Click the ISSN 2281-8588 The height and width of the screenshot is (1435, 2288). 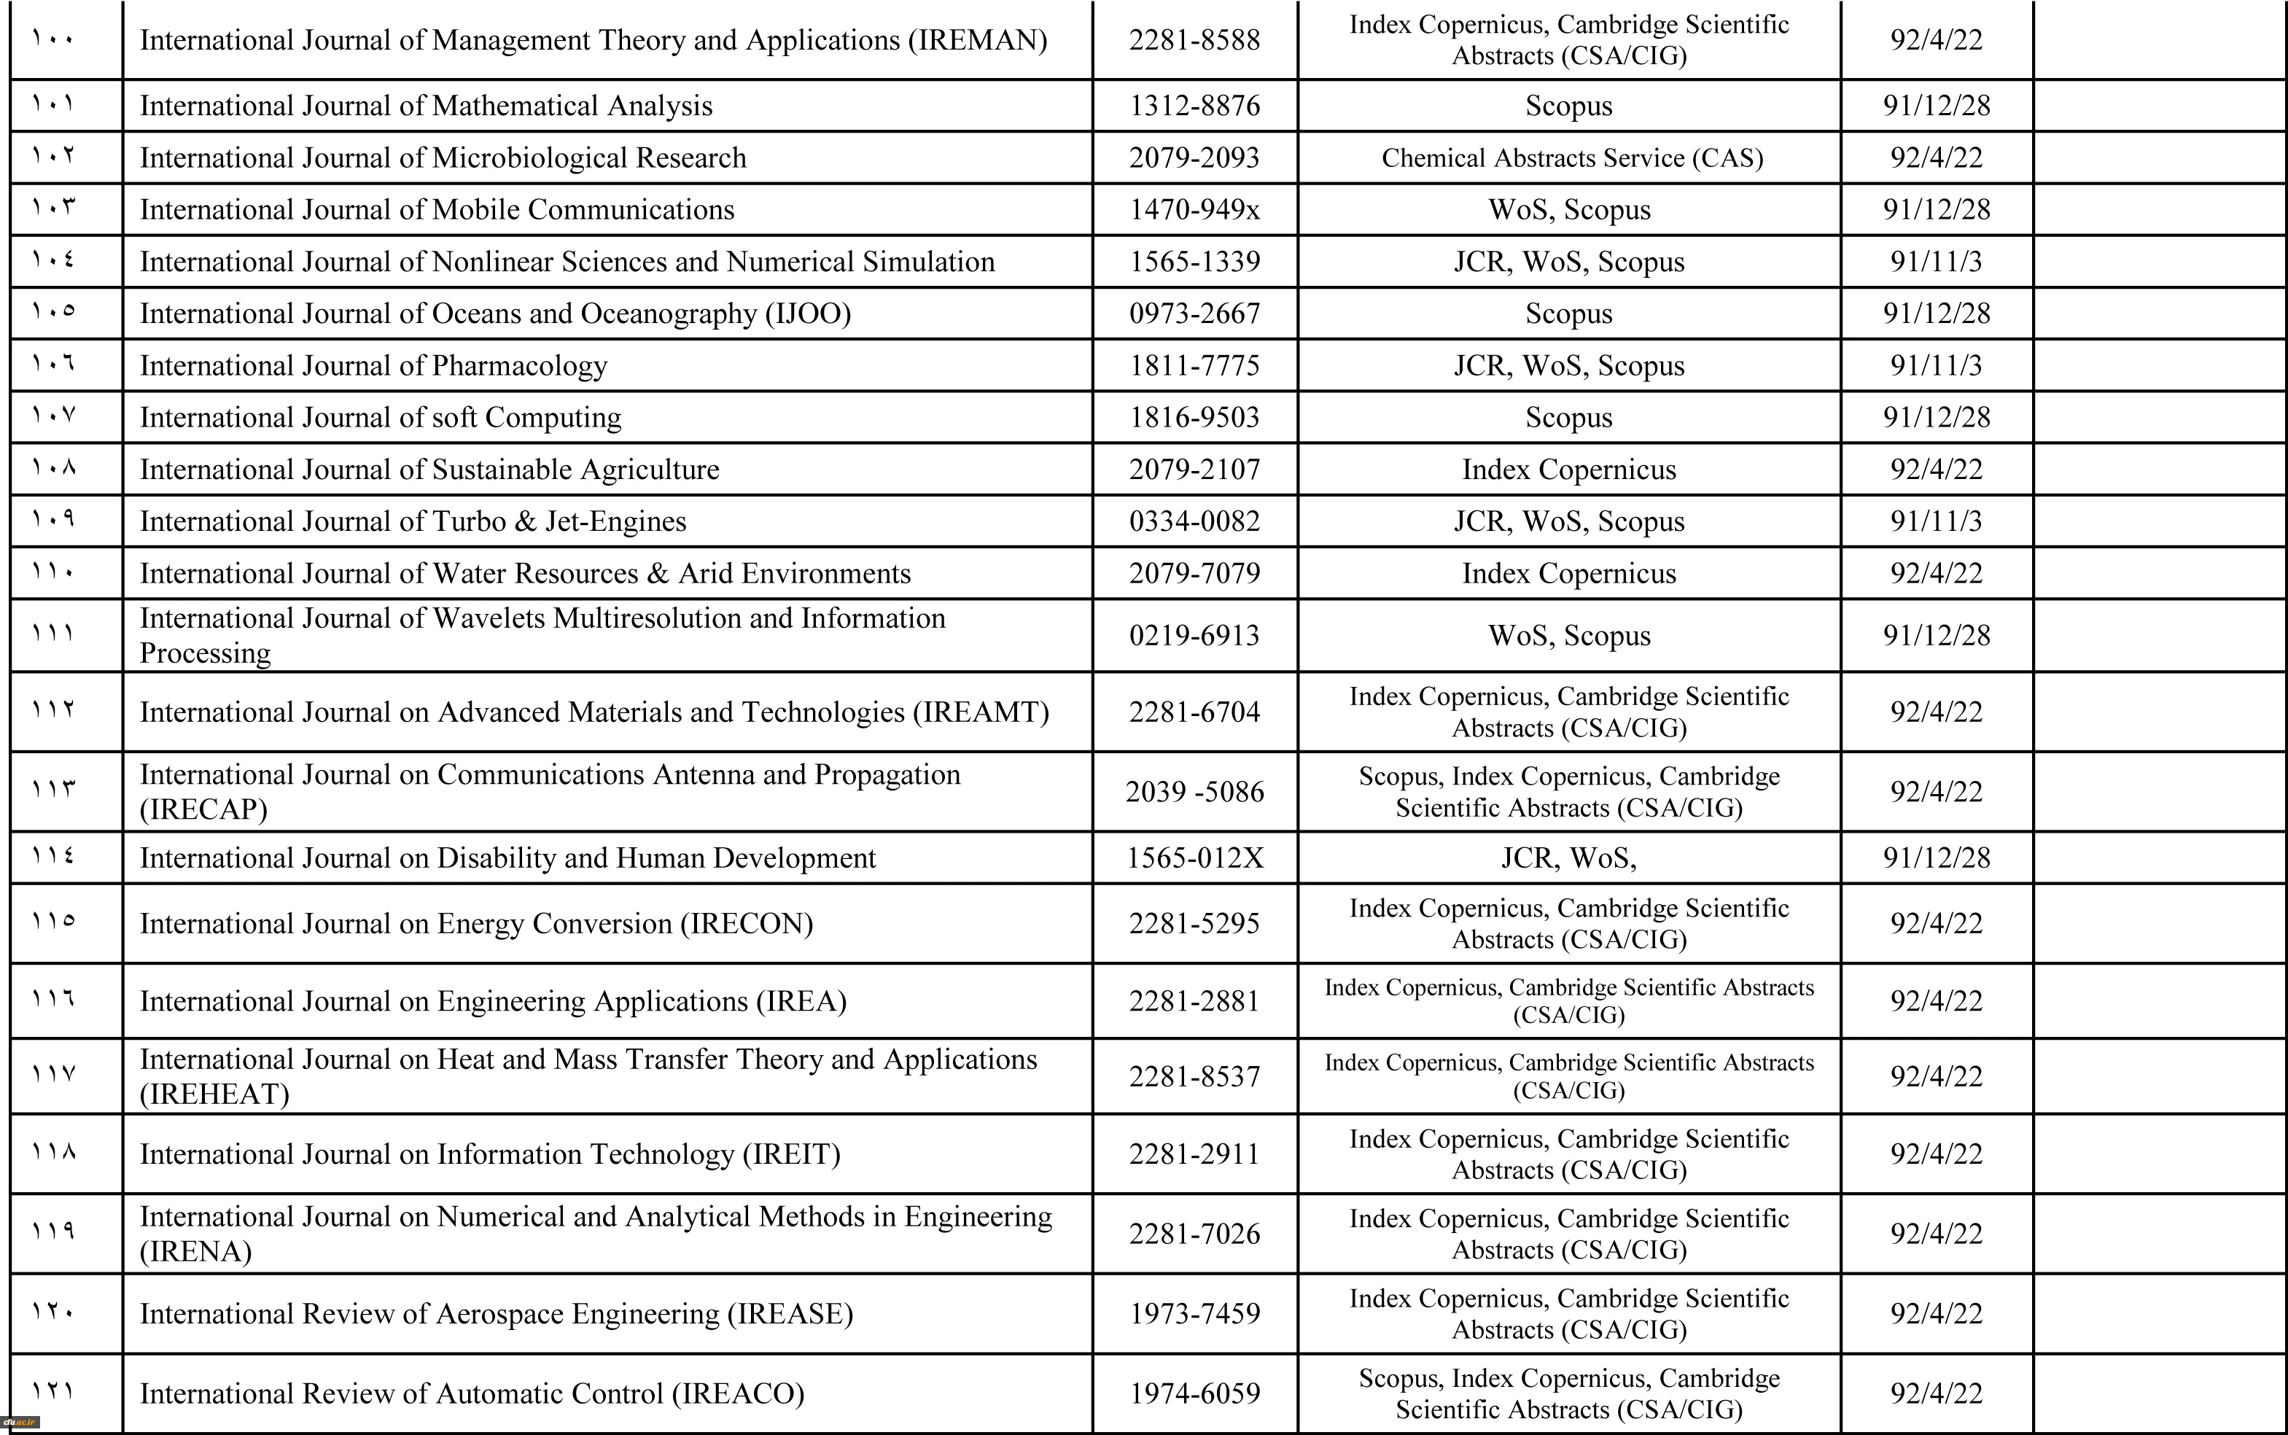click(1194, 40)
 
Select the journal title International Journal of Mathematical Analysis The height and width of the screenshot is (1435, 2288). click(426, 105)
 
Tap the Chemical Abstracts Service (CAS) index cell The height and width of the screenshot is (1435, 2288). click(1571, 157)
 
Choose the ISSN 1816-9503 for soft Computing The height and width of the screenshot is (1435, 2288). click(1194, 418)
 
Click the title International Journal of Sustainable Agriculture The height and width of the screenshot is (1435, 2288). click(429, 470)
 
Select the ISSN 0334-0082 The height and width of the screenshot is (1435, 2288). click(1194, 521)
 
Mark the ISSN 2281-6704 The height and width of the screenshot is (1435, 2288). click(1194, 712)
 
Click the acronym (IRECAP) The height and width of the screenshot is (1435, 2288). click(203, 809)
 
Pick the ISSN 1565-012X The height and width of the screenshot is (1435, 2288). click(1194, 858)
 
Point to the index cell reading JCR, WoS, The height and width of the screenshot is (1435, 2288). click(1568, 858)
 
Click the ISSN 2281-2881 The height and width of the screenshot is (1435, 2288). click(1194, 1001)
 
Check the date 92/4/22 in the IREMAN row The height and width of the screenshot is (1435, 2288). click(1936, 40)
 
